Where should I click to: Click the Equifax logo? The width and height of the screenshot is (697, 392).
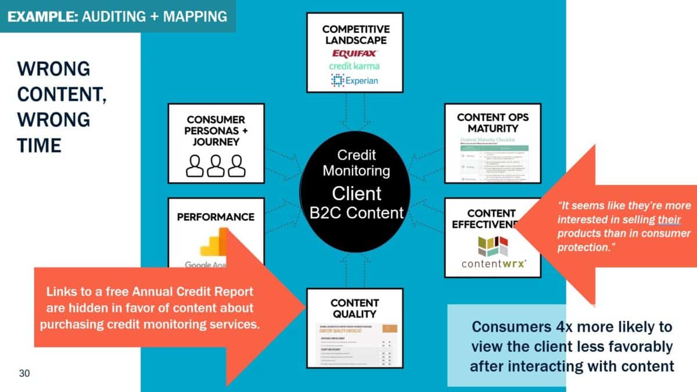coord(355,53)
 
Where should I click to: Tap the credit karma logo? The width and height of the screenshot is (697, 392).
coord(355,66)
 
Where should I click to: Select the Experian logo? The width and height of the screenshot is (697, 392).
coord(355,80)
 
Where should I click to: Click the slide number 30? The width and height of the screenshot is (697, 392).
coord(24,373)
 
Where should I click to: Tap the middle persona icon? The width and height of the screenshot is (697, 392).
coord(215,166)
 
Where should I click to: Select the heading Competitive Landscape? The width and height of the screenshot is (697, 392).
coord(355,34)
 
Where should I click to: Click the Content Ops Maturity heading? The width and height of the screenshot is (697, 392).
coord(493,123)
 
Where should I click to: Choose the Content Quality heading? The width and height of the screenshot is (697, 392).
coord(354,308)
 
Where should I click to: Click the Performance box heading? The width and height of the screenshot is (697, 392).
coord(215,217)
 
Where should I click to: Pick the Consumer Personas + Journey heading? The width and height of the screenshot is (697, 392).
coord(215,130)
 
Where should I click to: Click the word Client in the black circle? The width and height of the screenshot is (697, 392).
coord(356,193)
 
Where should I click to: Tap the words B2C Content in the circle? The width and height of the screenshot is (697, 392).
coord(356,212)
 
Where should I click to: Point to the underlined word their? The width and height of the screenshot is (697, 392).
coord(669,219)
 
